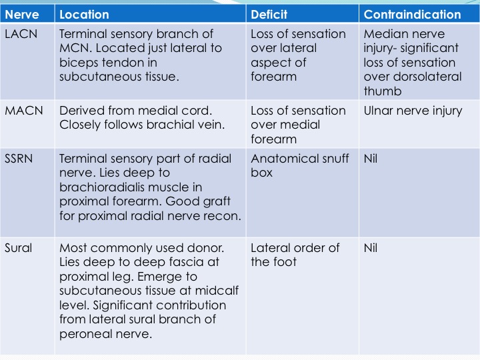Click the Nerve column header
click(x=22, y=15)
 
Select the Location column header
click(x=84, y=15)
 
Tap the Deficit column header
click(x=269, y=15)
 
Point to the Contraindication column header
click(x=413, y=15)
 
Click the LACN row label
click(x=21, y=34)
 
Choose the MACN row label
click(x=24, y=111)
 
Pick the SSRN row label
click(x=19, y=159)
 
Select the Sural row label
click(x=19, y=248)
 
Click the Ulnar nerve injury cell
click(x=413, y=111)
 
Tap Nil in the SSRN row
click(x=371, y=159)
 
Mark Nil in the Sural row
click(x=371, y=248)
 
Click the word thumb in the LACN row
click(x=383, y=91)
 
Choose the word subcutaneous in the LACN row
click(x=100, y=77)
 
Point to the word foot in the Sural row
click(x=285, y=262)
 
